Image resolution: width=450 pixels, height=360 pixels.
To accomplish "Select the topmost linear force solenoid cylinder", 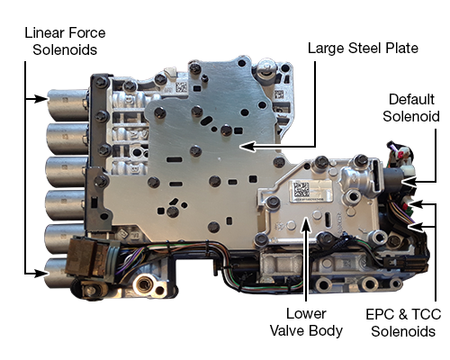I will pos(64,100).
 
